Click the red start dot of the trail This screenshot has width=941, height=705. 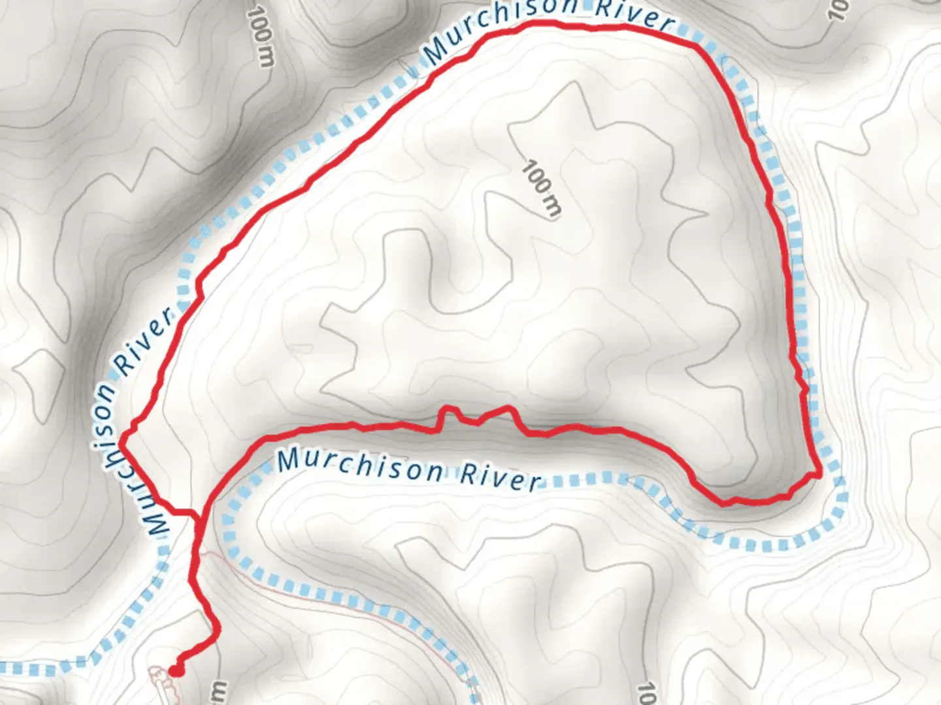(176, 670)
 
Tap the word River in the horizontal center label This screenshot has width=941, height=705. (501, 478)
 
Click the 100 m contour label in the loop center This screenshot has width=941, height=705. (541, 188)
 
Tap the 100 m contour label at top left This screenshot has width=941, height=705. (261, 38)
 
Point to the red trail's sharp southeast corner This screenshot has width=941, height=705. (818, 474)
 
